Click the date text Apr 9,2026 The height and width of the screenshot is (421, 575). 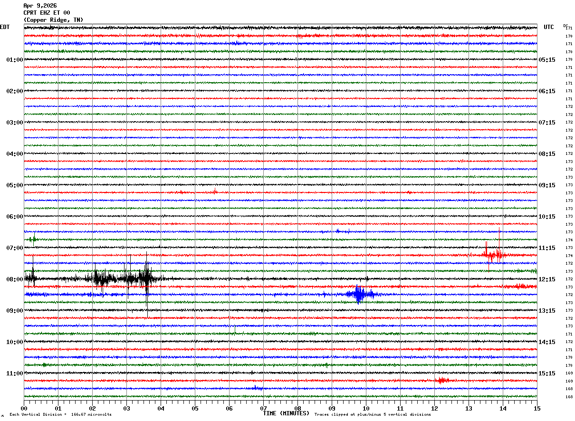click(40, 6)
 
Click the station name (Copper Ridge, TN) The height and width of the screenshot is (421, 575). click(53, 20)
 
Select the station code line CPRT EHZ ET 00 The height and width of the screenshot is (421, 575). click(47, 13)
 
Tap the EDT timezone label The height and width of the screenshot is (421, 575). click(5, 27)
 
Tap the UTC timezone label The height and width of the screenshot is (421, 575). click(549, 27)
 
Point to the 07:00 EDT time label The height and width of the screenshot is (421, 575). click(15, 248)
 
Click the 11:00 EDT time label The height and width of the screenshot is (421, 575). click(15, 373)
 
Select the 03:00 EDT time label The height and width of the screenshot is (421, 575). click(15, 123)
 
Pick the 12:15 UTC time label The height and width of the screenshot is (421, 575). click(546, 279)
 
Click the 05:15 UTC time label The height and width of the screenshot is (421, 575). click(546, 60)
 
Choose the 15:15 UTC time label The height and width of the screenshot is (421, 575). click(546, 373)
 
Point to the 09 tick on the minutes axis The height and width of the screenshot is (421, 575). click(332, 408)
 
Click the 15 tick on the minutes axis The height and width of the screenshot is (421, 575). click(537, 408)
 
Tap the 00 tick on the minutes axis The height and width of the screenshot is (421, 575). click(24, 408)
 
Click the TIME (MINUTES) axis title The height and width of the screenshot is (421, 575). click(286, 413)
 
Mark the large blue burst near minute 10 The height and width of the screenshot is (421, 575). click(359, 295)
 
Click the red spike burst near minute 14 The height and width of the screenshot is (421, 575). click(493, 255)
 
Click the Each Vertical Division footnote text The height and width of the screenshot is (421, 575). click(60, 415)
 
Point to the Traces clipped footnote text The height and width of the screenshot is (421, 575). click(373, 415)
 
